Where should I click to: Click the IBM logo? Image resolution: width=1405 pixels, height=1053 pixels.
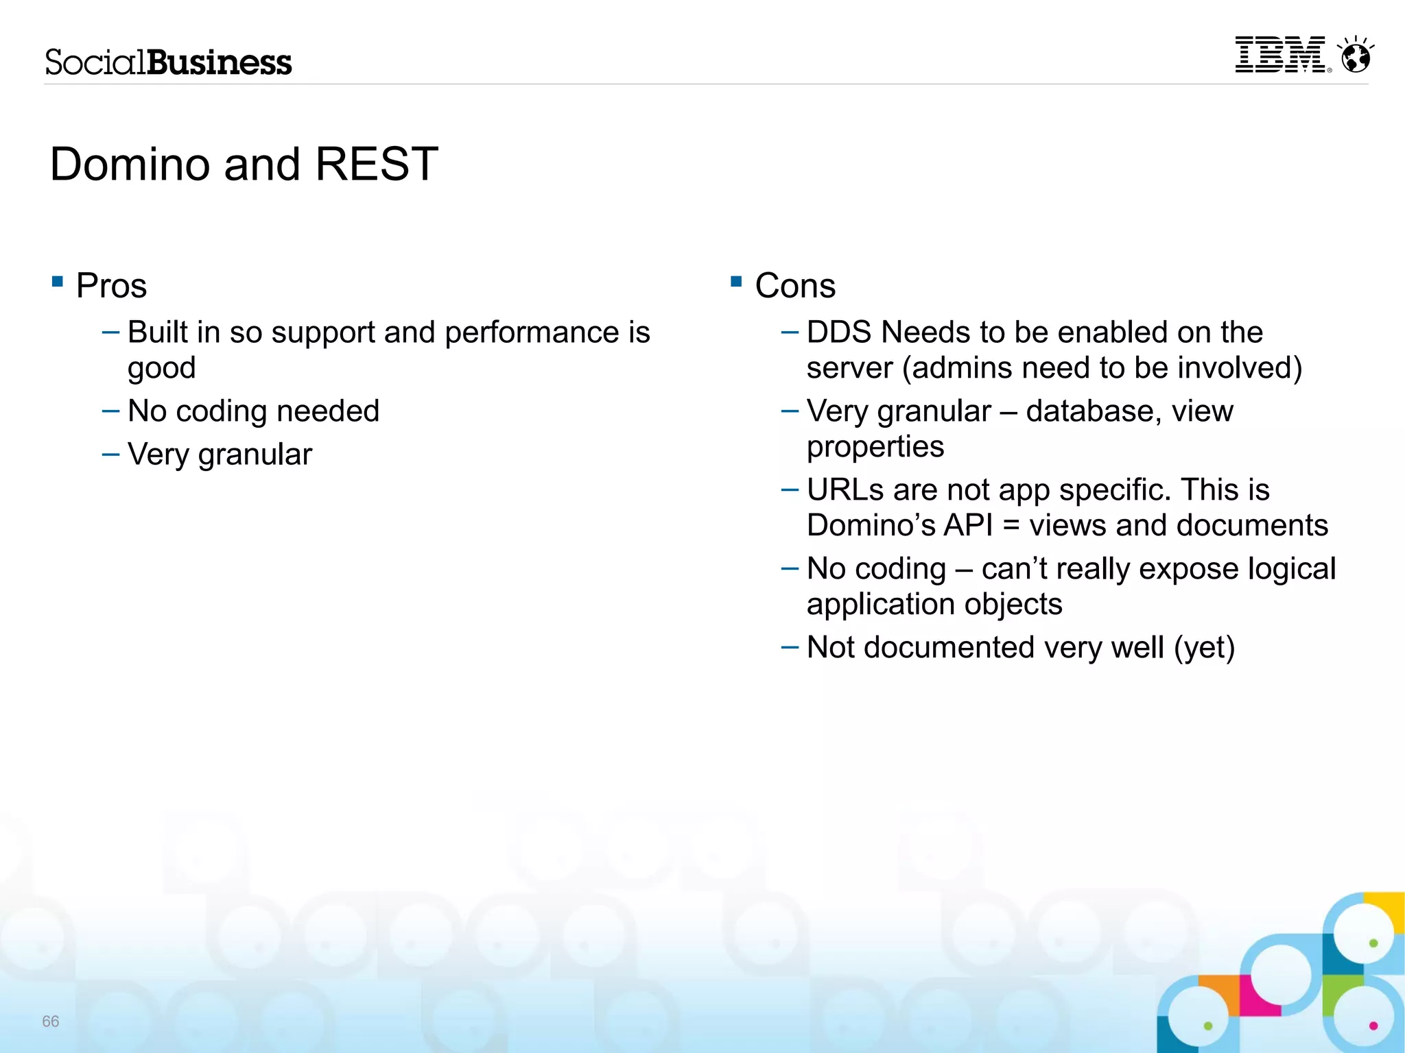[x=1280, y=55]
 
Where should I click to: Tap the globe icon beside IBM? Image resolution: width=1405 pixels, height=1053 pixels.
[x=1356, y=56]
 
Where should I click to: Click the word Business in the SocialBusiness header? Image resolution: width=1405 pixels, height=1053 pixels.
[x=220, y=62]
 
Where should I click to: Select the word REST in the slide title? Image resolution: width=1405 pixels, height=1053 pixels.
[x=376, y=165]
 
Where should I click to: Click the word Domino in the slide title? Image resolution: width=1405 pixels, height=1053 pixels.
[x=130, y=165]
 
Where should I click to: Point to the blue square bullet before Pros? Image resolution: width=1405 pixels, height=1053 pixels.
[x=58, y=281]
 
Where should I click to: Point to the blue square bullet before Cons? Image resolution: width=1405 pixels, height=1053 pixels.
[x=737, y=281]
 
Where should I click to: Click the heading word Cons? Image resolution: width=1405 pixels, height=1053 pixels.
[x=795, y=286]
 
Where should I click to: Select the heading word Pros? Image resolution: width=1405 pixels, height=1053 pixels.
[x=111, y=286]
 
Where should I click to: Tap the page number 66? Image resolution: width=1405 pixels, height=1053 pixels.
[x=51, y=1021]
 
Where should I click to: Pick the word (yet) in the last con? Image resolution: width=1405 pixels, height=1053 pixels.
[x=1204, y=649]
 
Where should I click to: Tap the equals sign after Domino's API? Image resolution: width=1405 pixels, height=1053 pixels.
[x=1011, y=526]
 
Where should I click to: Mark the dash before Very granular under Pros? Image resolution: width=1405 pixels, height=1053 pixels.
[x=110, y=455]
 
